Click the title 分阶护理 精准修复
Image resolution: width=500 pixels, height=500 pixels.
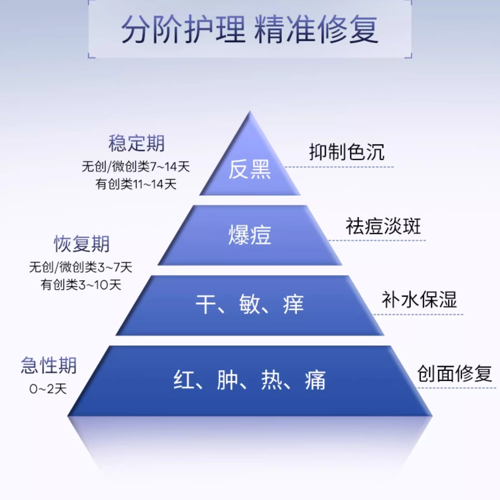pos(250,29)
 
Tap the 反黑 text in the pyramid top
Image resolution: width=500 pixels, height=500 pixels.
pos(250,170)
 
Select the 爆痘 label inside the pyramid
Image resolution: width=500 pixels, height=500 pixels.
pos(250,235)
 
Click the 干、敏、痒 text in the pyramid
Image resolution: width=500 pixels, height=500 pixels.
pos(250,304)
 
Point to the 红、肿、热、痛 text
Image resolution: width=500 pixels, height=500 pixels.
pos(250,380)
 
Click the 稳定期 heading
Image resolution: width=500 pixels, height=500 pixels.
pos(136,143)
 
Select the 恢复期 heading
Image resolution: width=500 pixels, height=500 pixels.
pos(81,244)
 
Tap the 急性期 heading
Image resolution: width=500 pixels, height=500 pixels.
pos(49,365)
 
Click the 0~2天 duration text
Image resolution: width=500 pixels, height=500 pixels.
pos(48,389)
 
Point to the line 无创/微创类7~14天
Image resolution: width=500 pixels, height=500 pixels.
pos(136,166)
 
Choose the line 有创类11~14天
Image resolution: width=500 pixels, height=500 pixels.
pos(136,184)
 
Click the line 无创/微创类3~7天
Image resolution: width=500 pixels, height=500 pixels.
pos(81,267)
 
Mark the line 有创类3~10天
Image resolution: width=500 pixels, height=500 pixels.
pos(81,285)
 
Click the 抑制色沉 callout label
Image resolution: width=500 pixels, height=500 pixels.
pos(347,152)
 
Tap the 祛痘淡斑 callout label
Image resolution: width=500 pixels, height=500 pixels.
pos(383,226)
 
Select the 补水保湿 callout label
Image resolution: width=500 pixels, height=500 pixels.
pos(419,300)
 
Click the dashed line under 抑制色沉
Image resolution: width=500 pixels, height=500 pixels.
pos(339,167)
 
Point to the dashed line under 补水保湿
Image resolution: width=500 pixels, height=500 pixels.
pos(418,315)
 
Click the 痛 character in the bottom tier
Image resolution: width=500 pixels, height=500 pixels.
pos(315,380)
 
